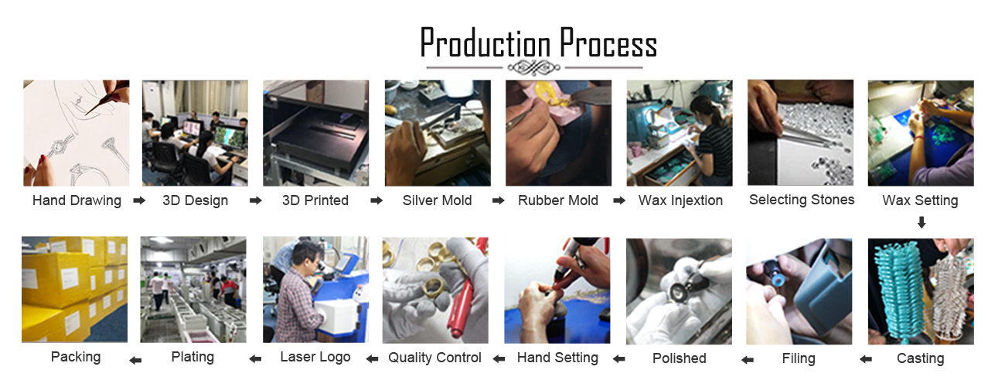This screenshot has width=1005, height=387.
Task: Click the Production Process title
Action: [538, 43]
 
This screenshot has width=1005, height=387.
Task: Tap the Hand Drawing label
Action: [77, 200]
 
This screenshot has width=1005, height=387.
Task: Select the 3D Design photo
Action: [195, 133]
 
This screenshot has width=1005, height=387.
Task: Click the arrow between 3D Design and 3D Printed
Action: [256, 200]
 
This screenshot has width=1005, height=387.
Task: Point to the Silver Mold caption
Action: [437, 200]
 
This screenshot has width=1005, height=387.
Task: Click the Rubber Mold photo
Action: [559, 133]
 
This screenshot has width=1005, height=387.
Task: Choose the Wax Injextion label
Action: [680, 200]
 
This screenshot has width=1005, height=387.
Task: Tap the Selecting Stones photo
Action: [800, 132]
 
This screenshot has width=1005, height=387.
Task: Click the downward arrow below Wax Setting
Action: [922, 222]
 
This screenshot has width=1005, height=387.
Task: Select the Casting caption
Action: [920, 358]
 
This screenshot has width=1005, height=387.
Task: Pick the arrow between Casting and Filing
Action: [866, 359]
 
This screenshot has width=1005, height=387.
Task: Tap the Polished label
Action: [680, 358]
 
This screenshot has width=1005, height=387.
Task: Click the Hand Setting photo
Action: [557, 290]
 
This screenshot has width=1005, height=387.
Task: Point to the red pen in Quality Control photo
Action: [467, 292]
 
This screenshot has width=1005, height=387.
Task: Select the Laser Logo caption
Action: [315, 357]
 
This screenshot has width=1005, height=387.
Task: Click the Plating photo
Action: [193, 289]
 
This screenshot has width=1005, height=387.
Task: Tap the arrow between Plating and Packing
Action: [135, 360]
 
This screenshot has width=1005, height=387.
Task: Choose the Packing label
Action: [76, 357]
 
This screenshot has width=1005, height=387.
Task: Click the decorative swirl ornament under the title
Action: [534, 68]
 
